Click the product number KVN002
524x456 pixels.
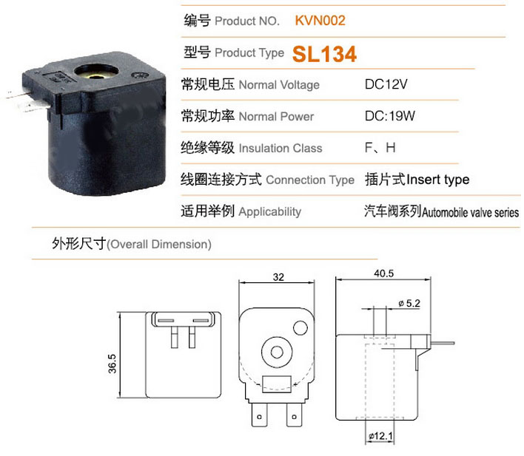(x=320, y=21)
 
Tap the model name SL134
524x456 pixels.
(x=324, y=54)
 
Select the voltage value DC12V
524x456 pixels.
(x=386, y=84)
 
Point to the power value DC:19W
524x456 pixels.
(x=389, y=116)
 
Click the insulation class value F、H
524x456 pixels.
(x=380, y=148)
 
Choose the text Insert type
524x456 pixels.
(x=438, y=180)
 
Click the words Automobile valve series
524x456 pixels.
(x=470, y=212)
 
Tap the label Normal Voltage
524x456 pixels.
(x=279, y=85)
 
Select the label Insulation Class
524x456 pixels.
(x=281, y=149)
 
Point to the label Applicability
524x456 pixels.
(x=270, y=211)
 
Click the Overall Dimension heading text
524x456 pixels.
(x=159, y=245)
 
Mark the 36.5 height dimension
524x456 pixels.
(x=112, y=364)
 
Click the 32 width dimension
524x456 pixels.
(x=278, y=277)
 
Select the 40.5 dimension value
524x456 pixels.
(x=383, y=273)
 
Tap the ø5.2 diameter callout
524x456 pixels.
(x=409, y=304)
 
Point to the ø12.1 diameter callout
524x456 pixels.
(x=380, y=436)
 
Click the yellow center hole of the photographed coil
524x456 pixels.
(x=96, y=77)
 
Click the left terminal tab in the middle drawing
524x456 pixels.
(x=259, y=415)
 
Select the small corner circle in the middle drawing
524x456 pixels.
(x=300, y=328)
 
